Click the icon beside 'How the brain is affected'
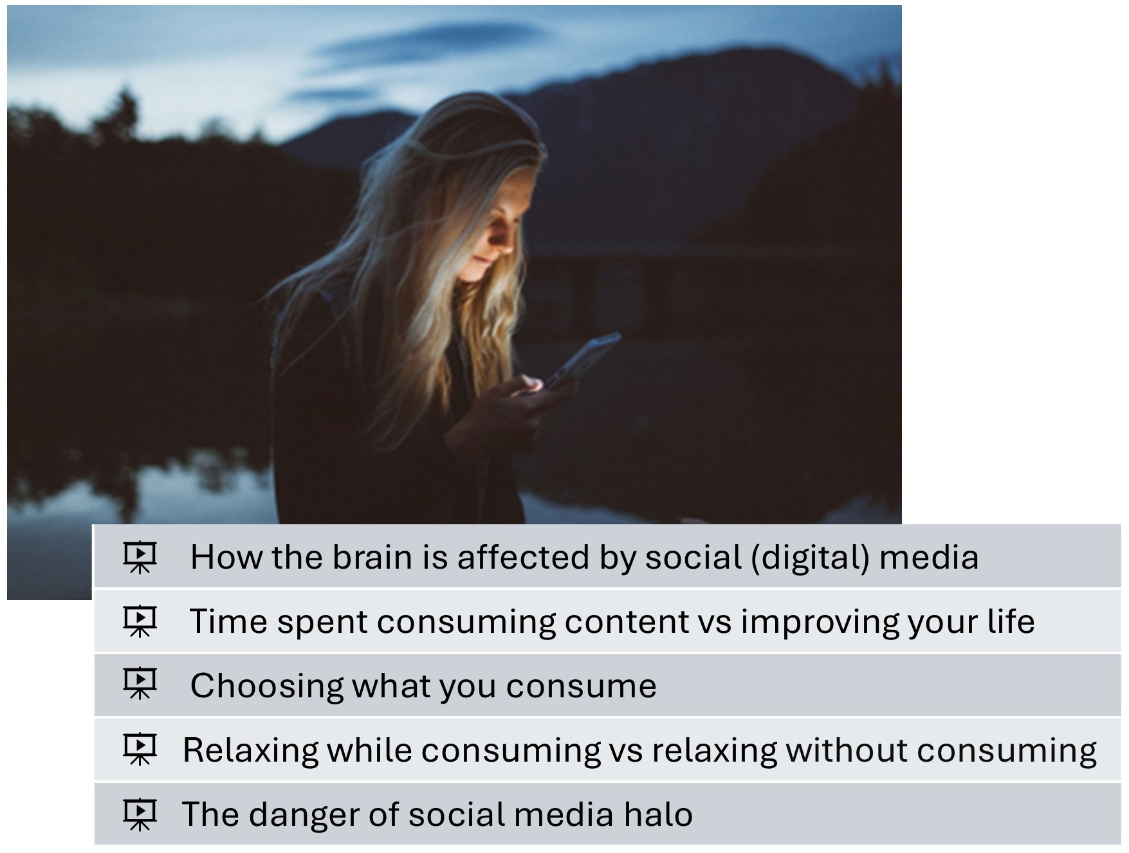point(140,557)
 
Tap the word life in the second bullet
point(1011,621)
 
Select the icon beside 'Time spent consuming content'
point(140,621)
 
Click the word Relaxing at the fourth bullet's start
point(251,751)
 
